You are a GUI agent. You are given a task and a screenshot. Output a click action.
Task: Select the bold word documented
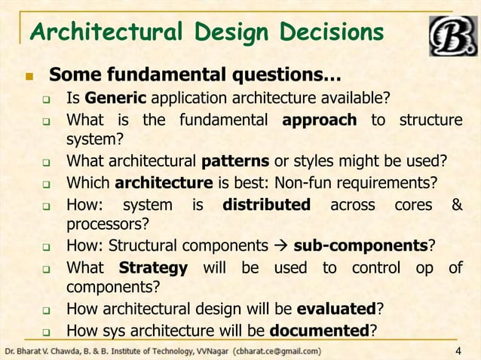(x=320, y=330)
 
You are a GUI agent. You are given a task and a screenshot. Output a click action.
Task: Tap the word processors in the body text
(x=106, y=224)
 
